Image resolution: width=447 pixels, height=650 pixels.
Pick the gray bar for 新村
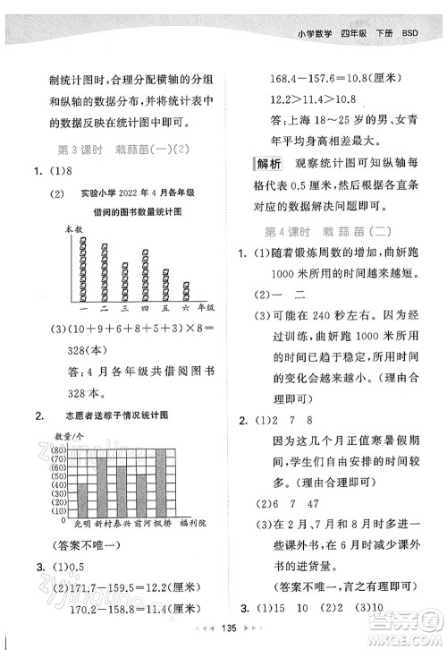(x=103, y=484)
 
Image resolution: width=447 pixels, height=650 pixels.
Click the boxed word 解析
(x=266, y=162)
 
